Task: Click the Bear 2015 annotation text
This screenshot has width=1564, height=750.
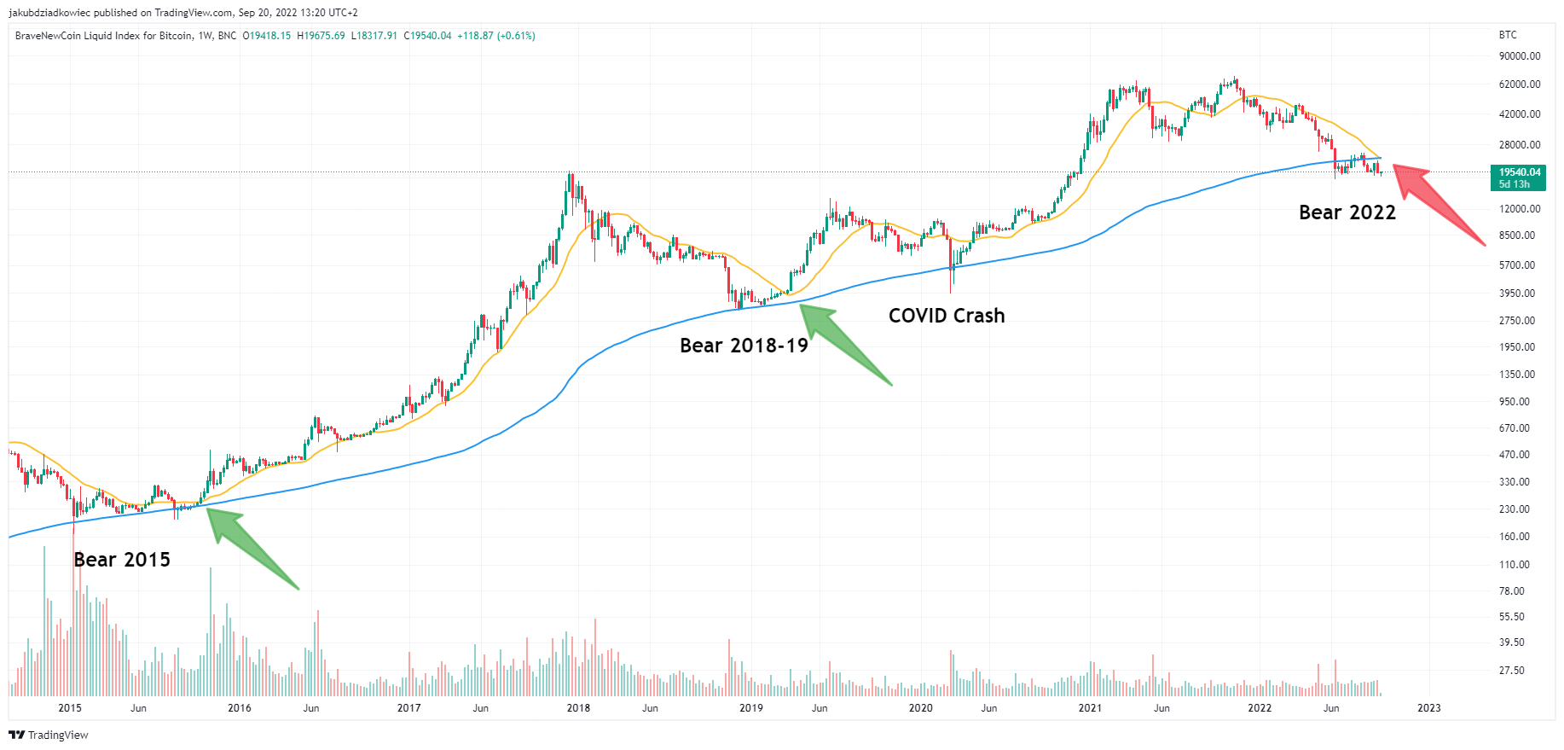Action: coord(122,560)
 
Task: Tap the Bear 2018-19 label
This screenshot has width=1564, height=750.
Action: coord(744,346)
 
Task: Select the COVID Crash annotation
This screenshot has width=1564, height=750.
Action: coord(947,316)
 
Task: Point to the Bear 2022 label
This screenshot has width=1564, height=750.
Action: coord(1347,212)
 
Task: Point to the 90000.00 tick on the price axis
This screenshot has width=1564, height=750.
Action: coord(1520,56)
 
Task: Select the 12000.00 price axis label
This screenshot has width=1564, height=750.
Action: coord(1520,209)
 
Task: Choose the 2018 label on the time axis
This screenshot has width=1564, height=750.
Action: coord(578,708)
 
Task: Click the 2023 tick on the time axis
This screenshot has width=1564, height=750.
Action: coord(1428,708)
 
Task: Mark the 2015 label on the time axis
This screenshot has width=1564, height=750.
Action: coord(70,708)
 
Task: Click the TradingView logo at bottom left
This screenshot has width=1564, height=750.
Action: coord(49,735)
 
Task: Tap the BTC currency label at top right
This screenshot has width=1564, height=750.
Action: coord(1508,35)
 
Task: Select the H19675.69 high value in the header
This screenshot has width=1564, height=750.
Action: coord(321,36)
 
